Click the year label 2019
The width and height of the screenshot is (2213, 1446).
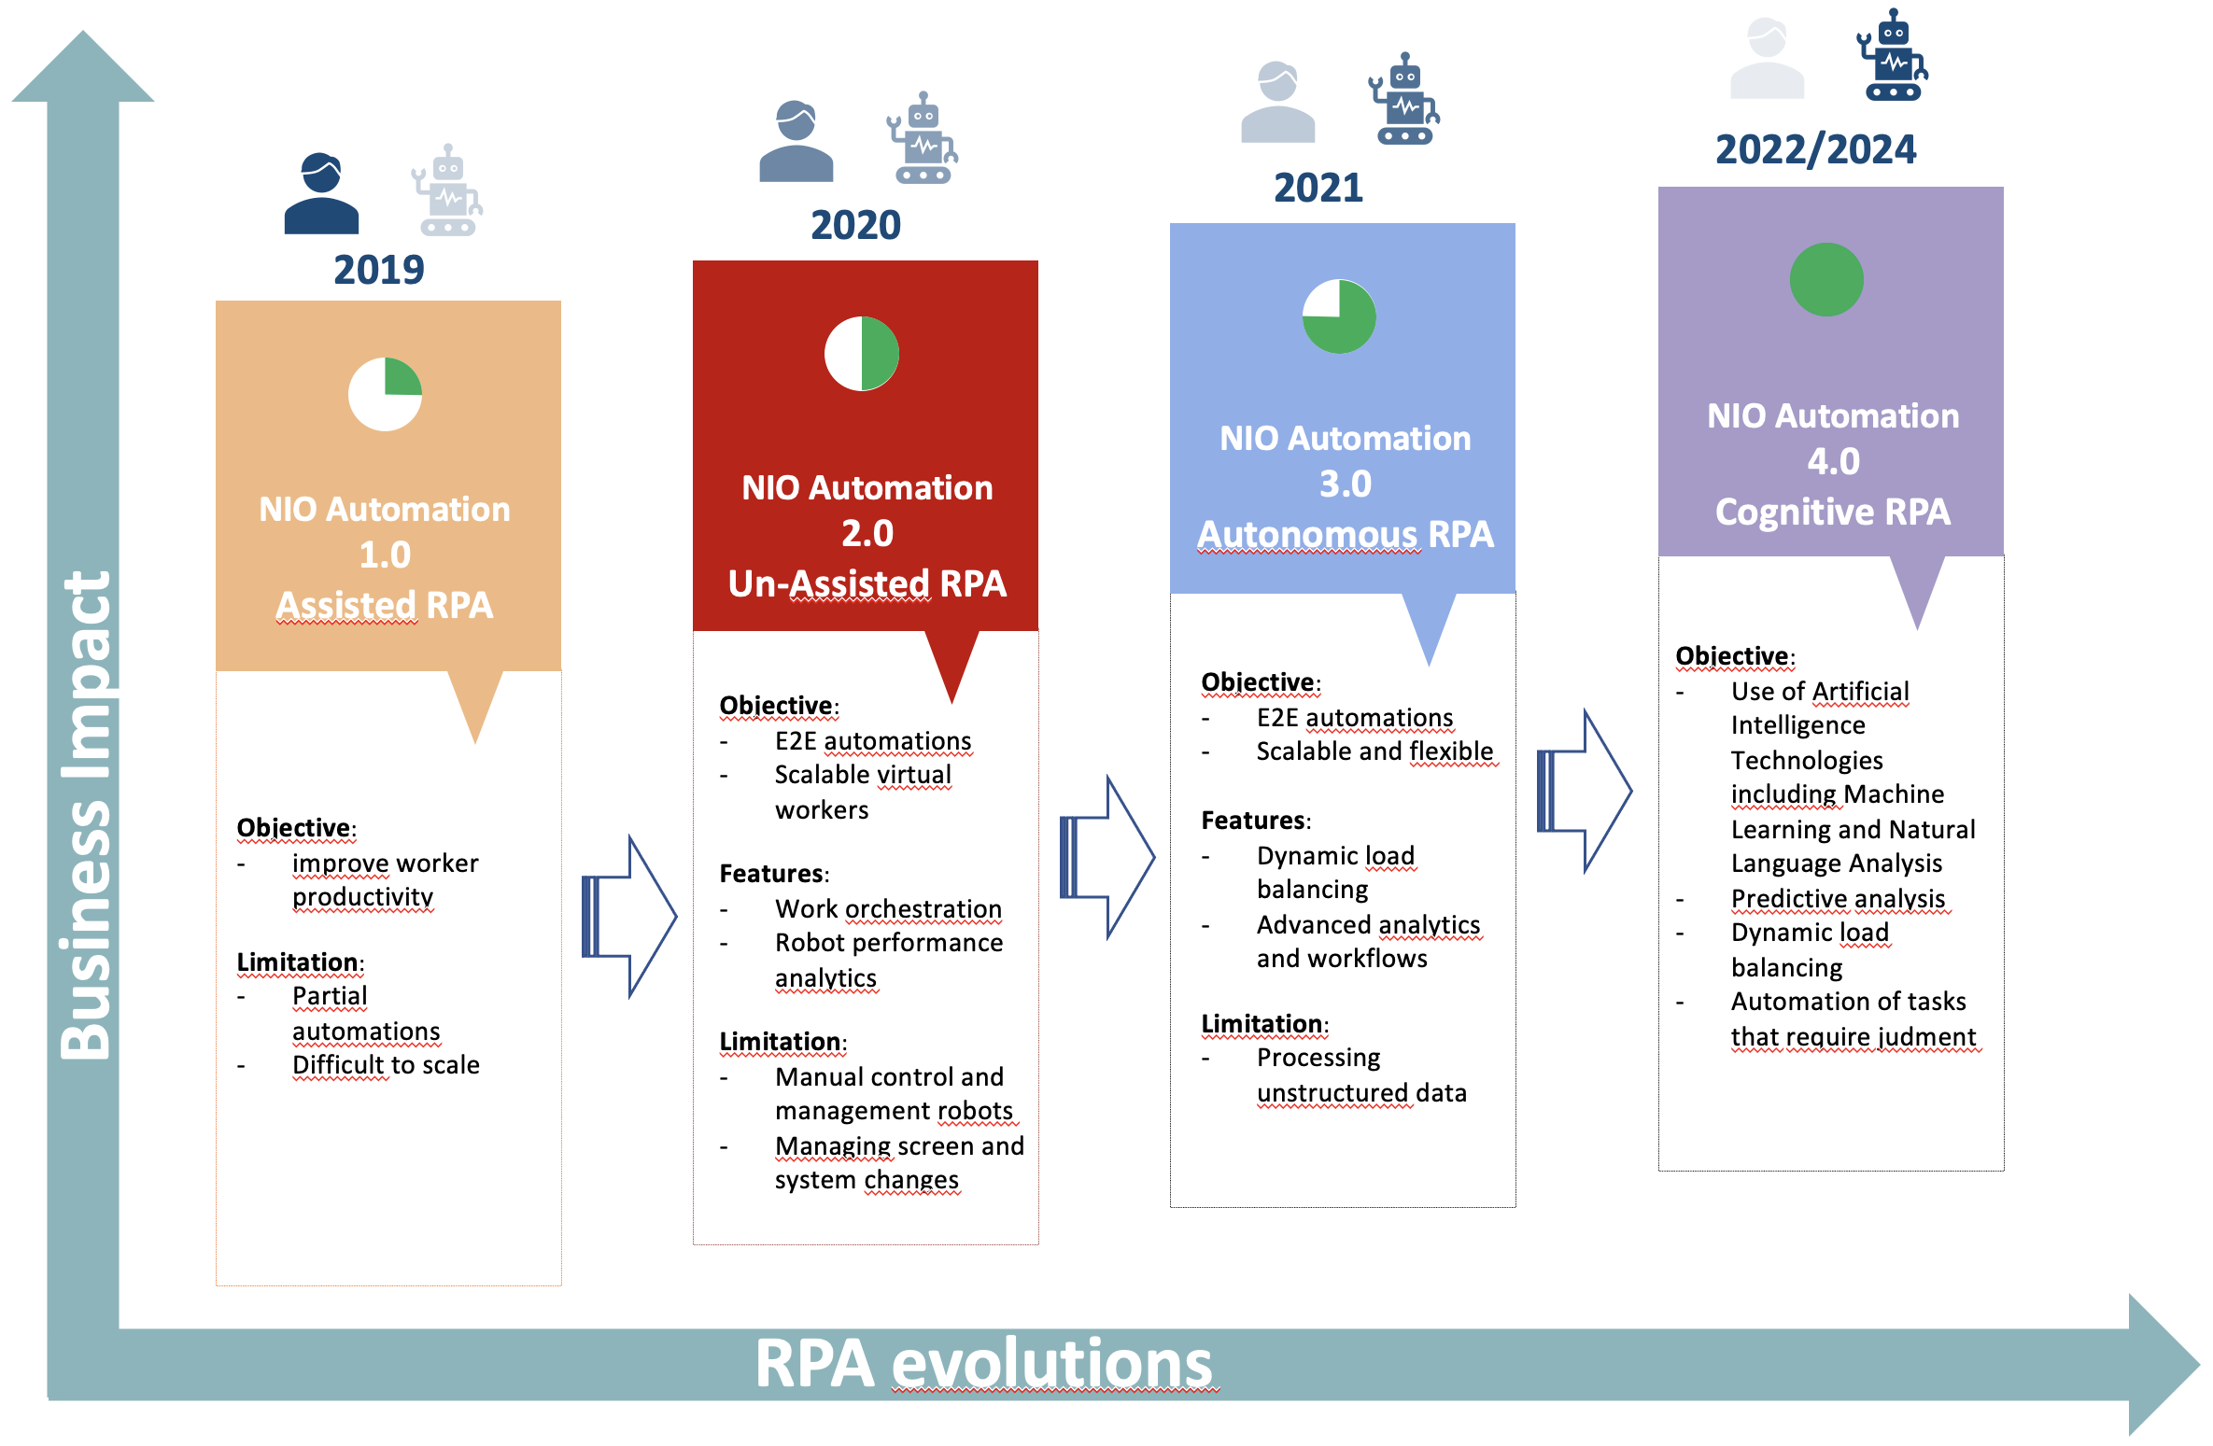click(x=379, y=270)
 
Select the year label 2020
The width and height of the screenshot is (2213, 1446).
click(x=855, y=225)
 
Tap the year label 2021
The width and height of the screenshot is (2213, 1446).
click(x=1318, y=188)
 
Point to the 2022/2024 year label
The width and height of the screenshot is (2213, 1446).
click(x=1815, y=149)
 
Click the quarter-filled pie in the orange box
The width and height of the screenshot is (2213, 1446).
click(x=385, y=394)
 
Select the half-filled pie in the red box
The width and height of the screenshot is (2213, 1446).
click(x=862, y=354)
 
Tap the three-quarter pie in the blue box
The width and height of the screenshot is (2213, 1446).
click(x=1339, y=316)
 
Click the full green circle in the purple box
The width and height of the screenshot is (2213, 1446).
click(x=1826, y=280)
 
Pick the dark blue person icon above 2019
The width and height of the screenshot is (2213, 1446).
click(x=321, y=193)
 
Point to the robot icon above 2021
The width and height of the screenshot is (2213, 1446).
click(x=1404, y=98)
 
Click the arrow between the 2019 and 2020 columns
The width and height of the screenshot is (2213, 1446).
click(x=629, y=917)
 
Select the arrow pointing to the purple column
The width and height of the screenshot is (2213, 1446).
click(x=1585, y=792)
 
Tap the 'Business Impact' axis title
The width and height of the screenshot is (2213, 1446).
click(x=85, y=815)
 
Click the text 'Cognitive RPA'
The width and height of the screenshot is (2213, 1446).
click(x=1833, y=512)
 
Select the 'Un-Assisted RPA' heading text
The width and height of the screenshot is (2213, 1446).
click(x=867, y=583)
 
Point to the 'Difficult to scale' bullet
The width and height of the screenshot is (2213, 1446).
click(x=386, y=1065)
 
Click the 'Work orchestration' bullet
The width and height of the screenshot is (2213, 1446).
click(x=888, y=909)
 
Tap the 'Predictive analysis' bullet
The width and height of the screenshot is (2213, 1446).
click(x=1838, y=899)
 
